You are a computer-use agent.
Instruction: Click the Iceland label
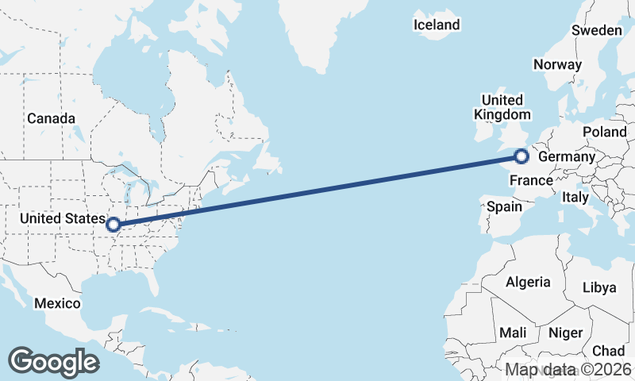click(437, 25)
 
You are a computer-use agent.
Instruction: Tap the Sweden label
click(597, 30)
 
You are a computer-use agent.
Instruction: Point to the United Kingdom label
click(502, 107)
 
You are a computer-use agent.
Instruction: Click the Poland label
click(604, 131)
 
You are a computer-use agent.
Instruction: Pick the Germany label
click(566, 157)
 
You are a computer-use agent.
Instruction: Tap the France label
click(530, 180)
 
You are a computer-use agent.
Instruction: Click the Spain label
click(504, 206)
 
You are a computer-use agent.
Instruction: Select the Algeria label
click(528, 282)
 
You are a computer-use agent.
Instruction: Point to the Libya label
click(599, 287)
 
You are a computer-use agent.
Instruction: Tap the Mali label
click(514, 332)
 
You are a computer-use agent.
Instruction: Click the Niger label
click(565, 333)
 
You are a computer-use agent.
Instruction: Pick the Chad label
click(608, 350)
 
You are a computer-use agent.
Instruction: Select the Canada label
click(51, 118)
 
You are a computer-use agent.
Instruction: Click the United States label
click(63, 217)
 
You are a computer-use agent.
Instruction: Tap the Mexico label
click(57, 303)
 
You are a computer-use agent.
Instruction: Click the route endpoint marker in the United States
click(114, 225)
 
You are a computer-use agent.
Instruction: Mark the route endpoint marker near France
click(521, 156)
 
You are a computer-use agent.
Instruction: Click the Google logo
click(53, 362)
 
